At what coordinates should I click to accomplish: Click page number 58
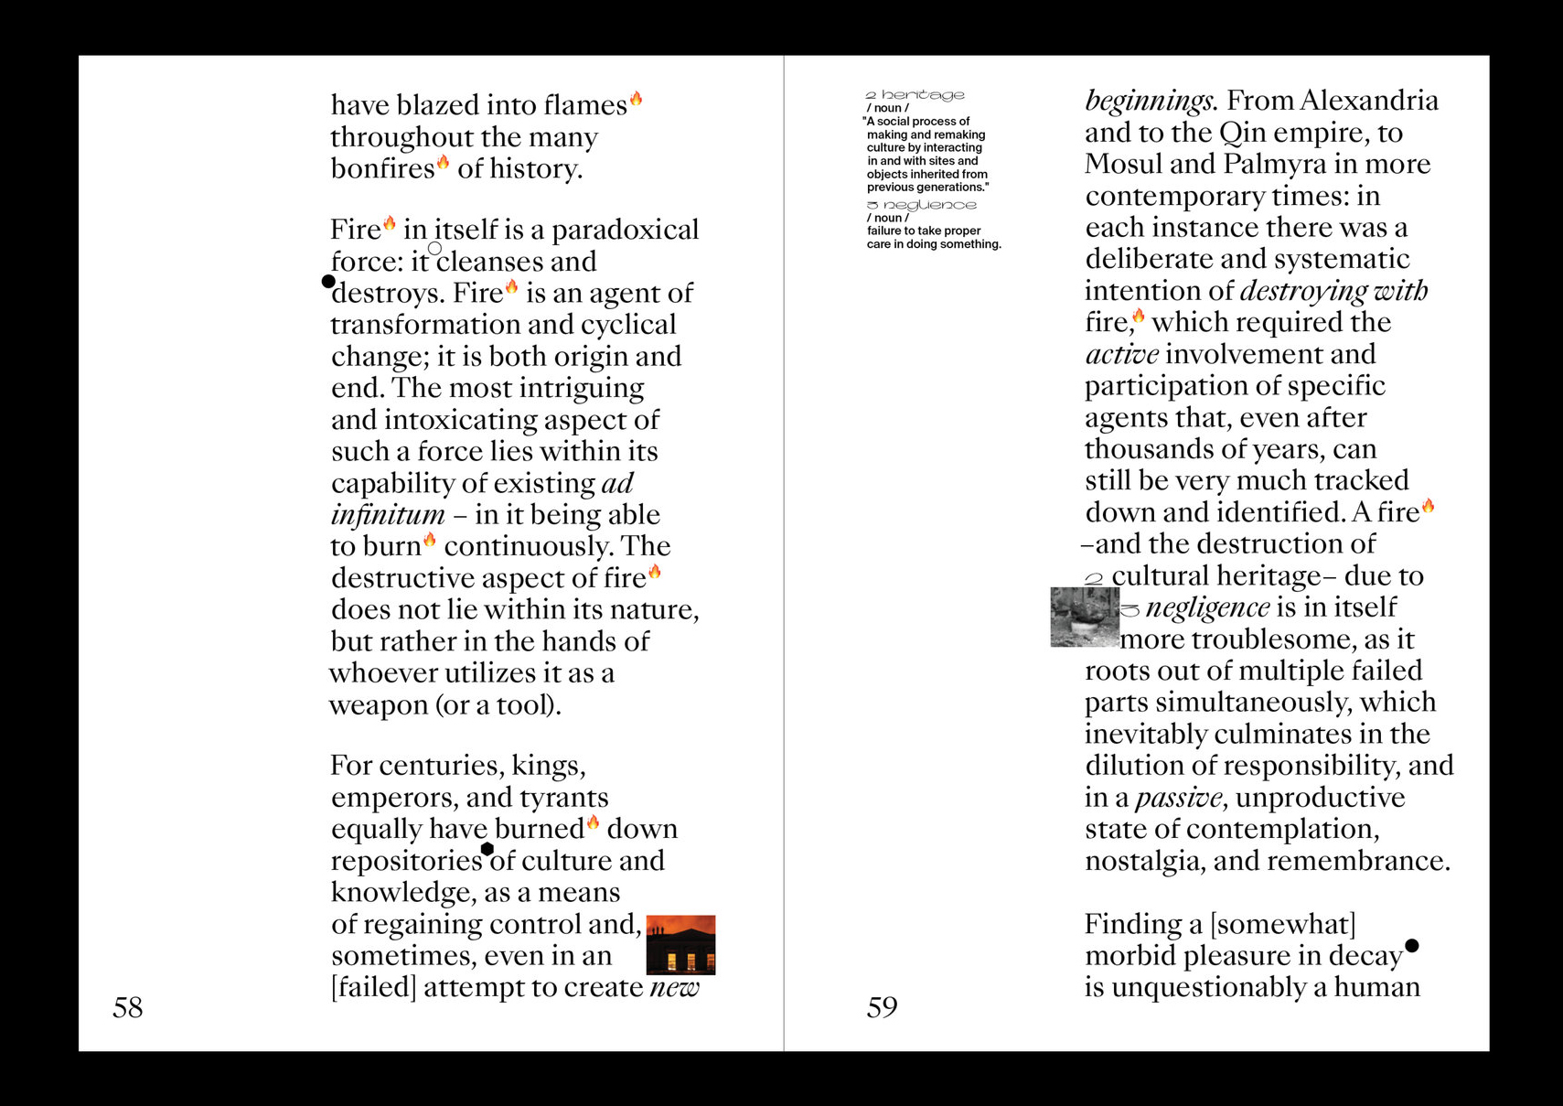pyautogui.click(x=128, y=1007)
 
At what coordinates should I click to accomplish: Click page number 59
pyautogui.click(x=882, y=1007)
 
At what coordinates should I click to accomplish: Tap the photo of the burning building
pyautogui.click(x=680, y=945)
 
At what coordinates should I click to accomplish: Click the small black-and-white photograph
pyautogui.click(x=1085, y=617)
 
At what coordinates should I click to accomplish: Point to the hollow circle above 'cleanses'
pyautogui.click(x=435, y=248)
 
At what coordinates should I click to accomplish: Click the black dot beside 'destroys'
pyautogui.click(x=328, y=282)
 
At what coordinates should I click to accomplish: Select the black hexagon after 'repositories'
pyautogui.click(x=487, y=849)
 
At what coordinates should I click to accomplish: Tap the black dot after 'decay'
pyautogui.click(x=1412, y=945)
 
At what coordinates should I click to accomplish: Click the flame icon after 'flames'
pyautogui.click(x=637, y=99)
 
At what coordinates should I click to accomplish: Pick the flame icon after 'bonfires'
pyautogui.click(x=444, y=163)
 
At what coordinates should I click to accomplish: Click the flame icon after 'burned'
pyautogui.click(x=594, y=822)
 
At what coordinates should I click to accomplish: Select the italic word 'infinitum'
pyautogui.click(x=388, y=515)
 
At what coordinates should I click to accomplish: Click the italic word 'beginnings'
pyautogui.click(x=1150, y=101)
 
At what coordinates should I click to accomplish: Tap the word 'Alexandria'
pyautogui.click(x=1368, y=101)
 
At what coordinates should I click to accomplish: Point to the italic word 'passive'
pyautogui.click(x=1179, y=798)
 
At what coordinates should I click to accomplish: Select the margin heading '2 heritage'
pyautogui.click(x=915, y=95)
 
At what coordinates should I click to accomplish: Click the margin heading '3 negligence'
pyautogui.click(x=922, y=205)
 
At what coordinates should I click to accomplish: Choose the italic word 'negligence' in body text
pyautogui.click(x=1207, y=607)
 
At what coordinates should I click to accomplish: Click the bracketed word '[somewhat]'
pyautogui.click(x=1283, y=924)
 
